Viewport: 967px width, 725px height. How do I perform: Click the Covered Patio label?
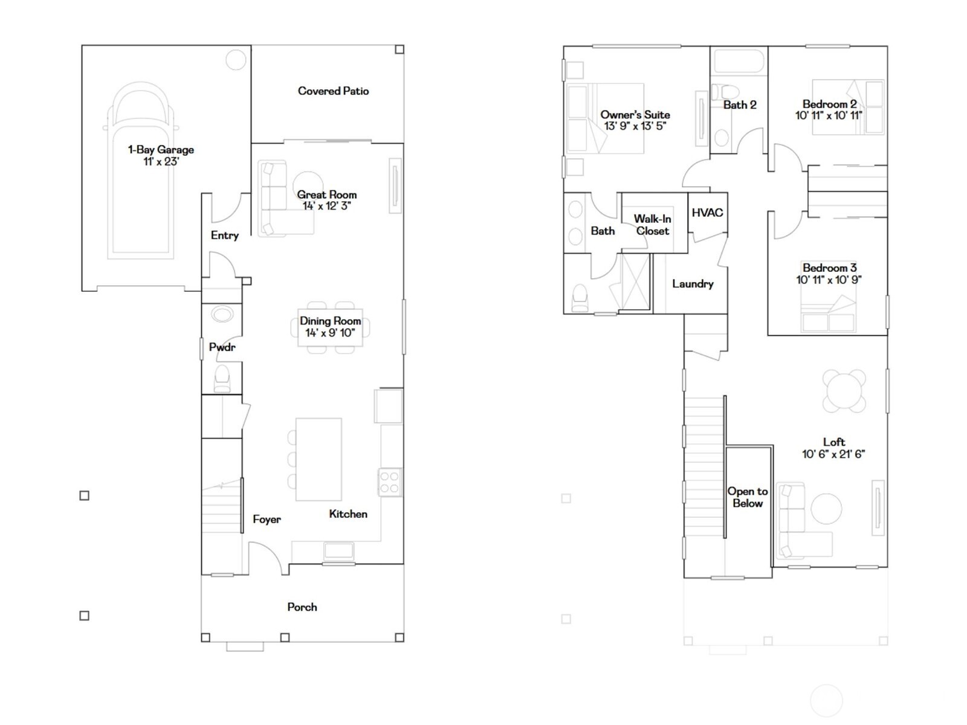tap(333, 91)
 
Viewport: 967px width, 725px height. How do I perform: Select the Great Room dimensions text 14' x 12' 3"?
tap(326, 206)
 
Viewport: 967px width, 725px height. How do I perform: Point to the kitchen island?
tap(319, 459)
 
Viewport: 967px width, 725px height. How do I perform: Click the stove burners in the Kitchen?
tap(390, 483)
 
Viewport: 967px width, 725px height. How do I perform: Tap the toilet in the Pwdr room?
tap(222, 378)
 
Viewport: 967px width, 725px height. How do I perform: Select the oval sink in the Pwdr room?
tap(222, 315)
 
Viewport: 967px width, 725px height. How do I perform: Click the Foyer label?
tap(267, 520)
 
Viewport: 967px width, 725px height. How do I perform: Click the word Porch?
tap(302, 607)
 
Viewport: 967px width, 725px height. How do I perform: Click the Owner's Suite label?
tap(635, 115)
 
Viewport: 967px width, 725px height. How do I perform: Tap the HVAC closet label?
tap(707, 213)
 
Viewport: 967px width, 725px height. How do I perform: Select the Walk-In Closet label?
tap(652, 225)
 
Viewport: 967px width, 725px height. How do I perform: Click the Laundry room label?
tap(693, 284)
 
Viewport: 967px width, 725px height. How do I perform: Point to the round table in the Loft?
tap(844, 390)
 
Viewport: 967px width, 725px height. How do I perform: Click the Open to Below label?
tap(748, 497)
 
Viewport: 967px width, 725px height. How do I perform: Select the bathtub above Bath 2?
tap(739, 62)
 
